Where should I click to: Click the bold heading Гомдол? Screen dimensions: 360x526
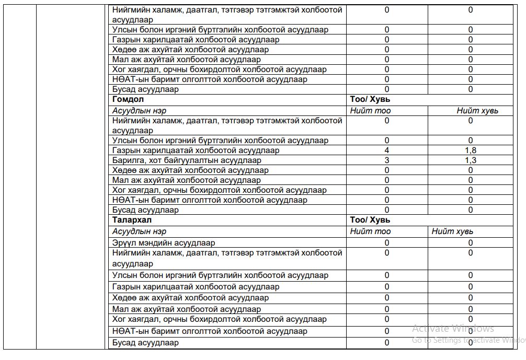pos(128,99)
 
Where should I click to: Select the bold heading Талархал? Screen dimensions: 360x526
pos(132,220)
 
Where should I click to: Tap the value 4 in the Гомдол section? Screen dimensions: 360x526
pos(387,150)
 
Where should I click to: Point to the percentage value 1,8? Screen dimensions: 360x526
pos(471,150)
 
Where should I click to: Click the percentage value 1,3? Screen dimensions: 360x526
pos(471,160)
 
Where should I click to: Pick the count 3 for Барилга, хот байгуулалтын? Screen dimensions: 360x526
pos(387,160)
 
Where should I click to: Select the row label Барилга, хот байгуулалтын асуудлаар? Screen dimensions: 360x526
pos(187,160)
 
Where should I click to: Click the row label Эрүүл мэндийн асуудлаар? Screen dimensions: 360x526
pos(164,243)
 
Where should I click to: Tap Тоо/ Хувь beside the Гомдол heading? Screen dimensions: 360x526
pos(370,99)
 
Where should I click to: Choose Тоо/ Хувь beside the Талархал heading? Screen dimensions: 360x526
pos(370,220)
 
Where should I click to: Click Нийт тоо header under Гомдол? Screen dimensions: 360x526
pos(370,111)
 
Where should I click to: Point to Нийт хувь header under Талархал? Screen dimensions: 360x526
pos(452,231)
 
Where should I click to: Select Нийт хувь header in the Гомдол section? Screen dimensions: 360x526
pos(477,111)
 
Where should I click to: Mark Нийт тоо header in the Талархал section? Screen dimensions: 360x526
pos(370,231)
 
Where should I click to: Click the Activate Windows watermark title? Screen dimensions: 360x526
pos(453,329)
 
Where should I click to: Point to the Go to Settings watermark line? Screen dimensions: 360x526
pos(468,340)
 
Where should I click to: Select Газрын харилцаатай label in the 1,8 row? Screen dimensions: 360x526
pos(196,150)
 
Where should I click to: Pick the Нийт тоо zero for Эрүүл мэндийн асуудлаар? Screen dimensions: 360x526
pos(387,243)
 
